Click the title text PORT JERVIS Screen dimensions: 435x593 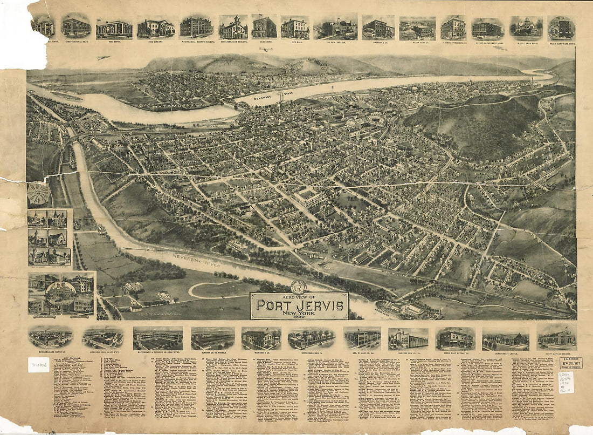300,304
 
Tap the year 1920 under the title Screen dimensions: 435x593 299,316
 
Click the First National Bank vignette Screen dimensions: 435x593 76,26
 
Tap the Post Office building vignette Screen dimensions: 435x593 114,29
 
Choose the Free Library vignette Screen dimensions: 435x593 155,28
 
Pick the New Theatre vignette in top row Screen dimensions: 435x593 335,28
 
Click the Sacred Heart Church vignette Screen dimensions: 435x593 506,339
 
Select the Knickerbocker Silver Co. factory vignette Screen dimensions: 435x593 51,337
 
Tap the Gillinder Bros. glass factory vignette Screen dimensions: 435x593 103,338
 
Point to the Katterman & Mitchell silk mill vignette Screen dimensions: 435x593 158,338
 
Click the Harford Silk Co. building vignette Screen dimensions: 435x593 408,339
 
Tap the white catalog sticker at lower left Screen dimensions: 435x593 38,365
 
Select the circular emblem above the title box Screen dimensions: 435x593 298,287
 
